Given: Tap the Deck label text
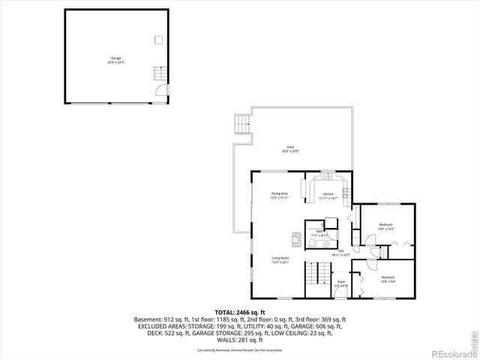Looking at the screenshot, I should click(x=290, y=148).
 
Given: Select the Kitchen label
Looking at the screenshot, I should click(x=328, y=196).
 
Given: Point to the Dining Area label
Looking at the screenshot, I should click(x=280, y=196).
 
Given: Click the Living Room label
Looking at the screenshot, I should click(x=280, y=260).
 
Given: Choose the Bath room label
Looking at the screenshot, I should click(x=318, y=232).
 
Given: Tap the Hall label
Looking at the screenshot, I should click(x=340, y=253).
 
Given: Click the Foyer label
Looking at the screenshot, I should click(x=340, y=283).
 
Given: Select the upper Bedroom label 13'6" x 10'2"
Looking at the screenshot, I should click(x=386, y=226).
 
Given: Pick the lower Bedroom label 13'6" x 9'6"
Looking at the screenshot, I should click(x=388, y=279).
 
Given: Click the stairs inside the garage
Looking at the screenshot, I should click(x=158, y=73).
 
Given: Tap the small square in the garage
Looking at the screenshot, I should click(x=158, y=39).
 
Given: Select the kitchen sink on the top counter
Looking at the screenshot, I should click(x=328, y=178).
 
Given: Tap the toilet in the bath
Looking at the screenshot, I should click(x=328, y=244).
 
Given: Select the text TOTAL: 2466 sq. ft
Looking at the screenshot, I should click(x=240, y=312).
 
